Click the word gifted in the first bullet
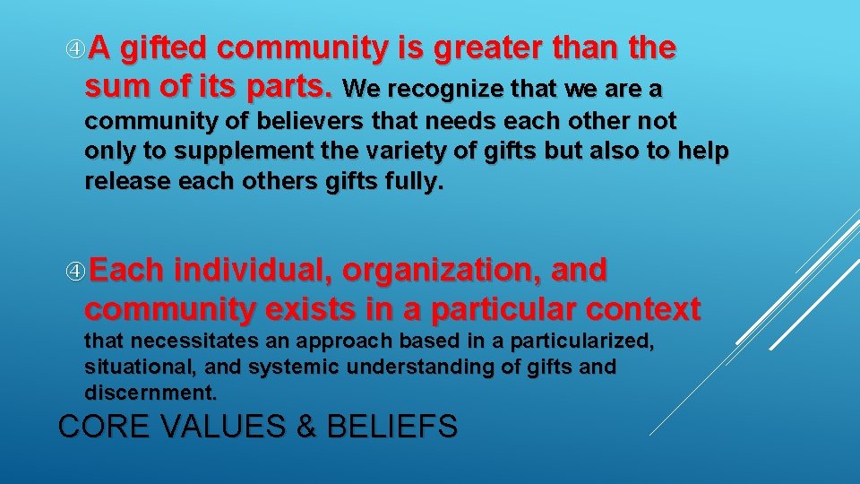tap(164, 49)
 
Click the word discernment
tap(150, 393)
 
